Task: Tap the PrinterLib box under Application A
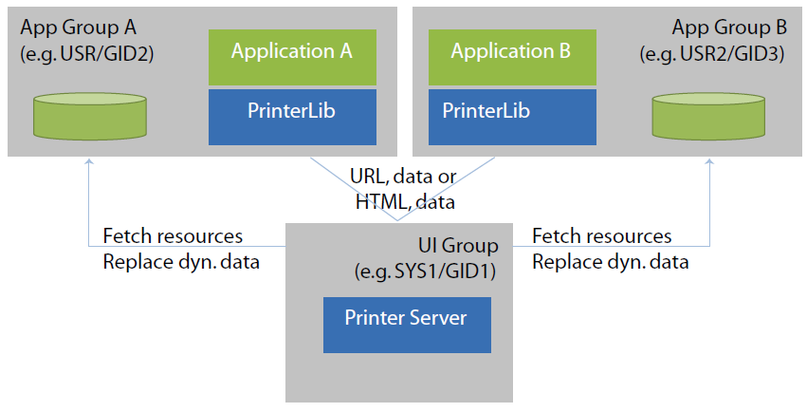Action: (291, 117)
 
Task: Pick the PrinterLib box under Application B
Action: (513, 117)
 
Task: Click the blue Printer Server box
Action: (406, 324)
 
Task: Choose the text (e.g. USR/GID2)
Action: (86, 53)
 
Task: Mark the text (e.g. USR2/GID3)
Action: (712, 53)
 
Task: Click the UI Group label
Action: (459, 245)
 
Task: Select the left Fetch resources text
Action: (173, 235)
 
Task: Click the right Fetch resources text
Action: (602, 235)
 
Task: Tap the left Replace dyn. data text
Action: (180, 261)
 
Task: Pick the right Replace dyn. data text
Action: (611, 261)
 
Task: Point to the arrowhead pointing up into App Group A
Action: (89, 162)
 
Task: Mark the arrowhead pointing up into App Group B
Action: (708, 162)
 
